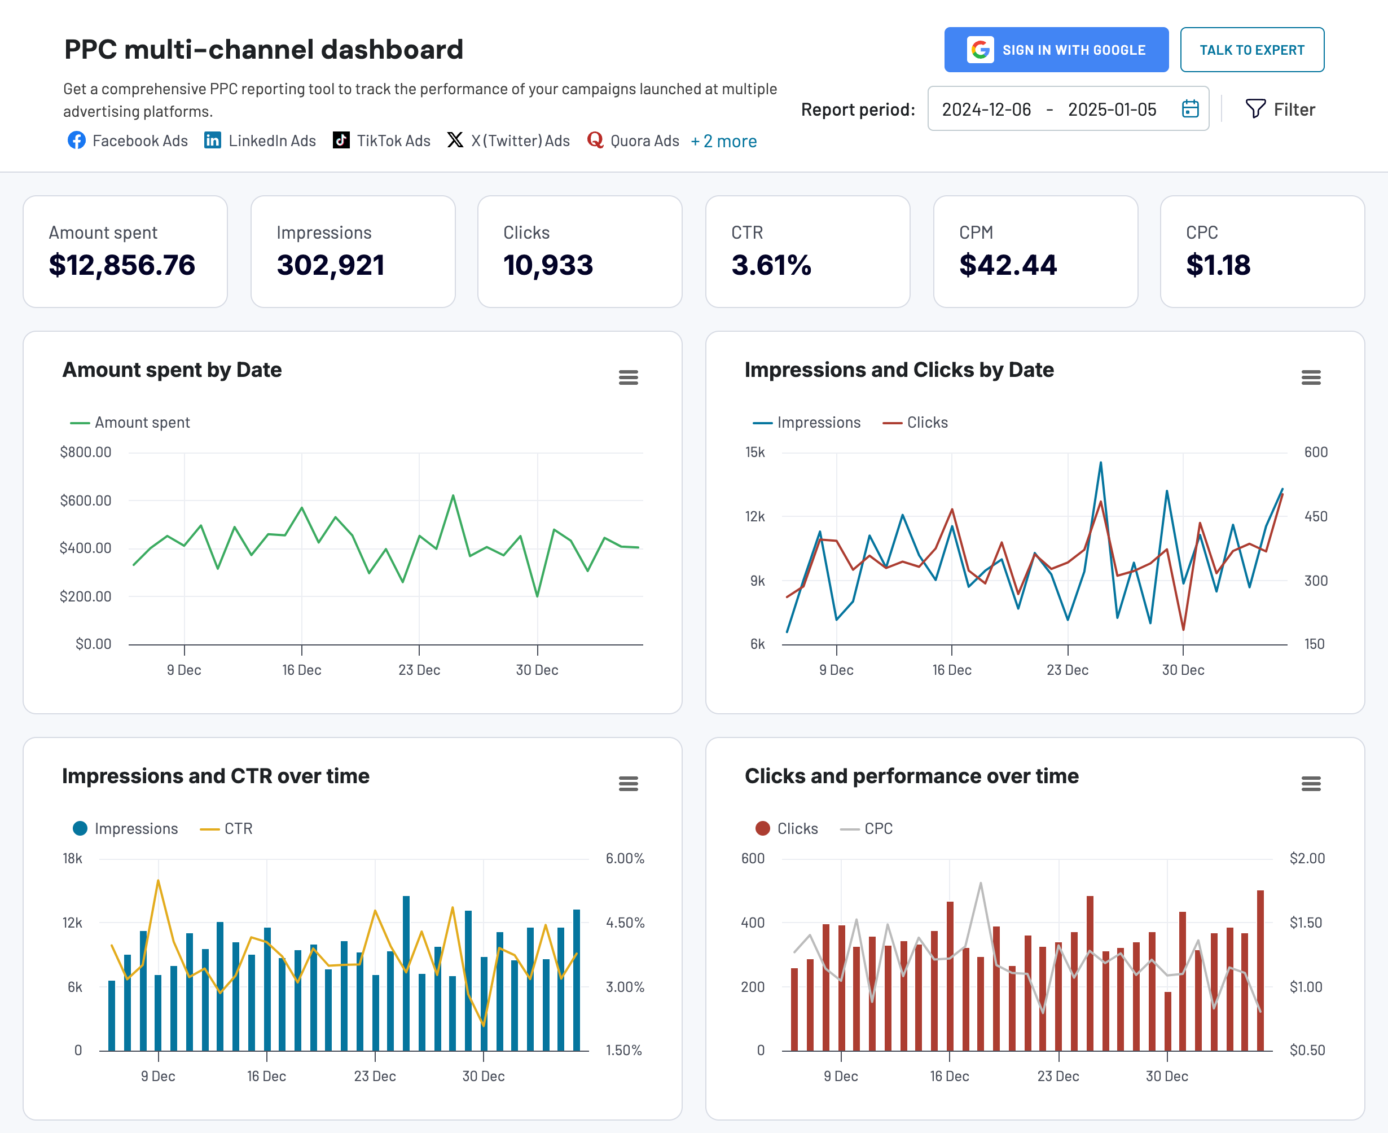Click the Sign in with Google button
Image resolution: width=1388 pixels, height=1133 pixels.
coord(1056,50)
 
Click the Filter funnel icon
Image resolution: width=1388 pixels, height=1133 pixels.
coord(1254,108)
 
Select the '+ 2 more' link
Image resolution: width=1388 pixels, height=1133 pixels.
coord(724,141)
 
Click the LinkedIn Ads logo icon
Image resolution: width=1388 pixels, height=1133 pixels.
coord(212,140)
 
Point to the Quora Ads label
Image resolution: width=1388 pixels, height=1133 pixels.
coord(644,141)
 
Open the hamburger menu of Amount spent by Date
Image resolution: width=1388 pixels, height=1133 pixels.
coord(628,377)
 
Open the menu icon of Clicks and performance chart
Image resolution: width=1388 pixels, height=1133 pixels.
coord(1310,783)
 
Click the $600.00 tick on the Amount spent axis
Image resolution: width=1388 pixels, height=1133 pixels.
coord(86,500)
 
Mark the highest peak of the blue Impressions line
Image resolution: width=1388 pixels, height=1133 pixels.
coord(1100,463)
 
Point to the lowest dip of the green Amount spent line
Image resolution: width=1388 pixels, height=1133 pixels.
coord(537,596)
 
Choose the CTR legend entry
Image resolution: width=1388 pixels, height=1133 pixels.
coord(226,829)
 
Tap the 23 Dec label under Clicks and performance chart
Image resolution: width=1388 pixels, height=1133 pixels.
coord(1058,1076)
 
